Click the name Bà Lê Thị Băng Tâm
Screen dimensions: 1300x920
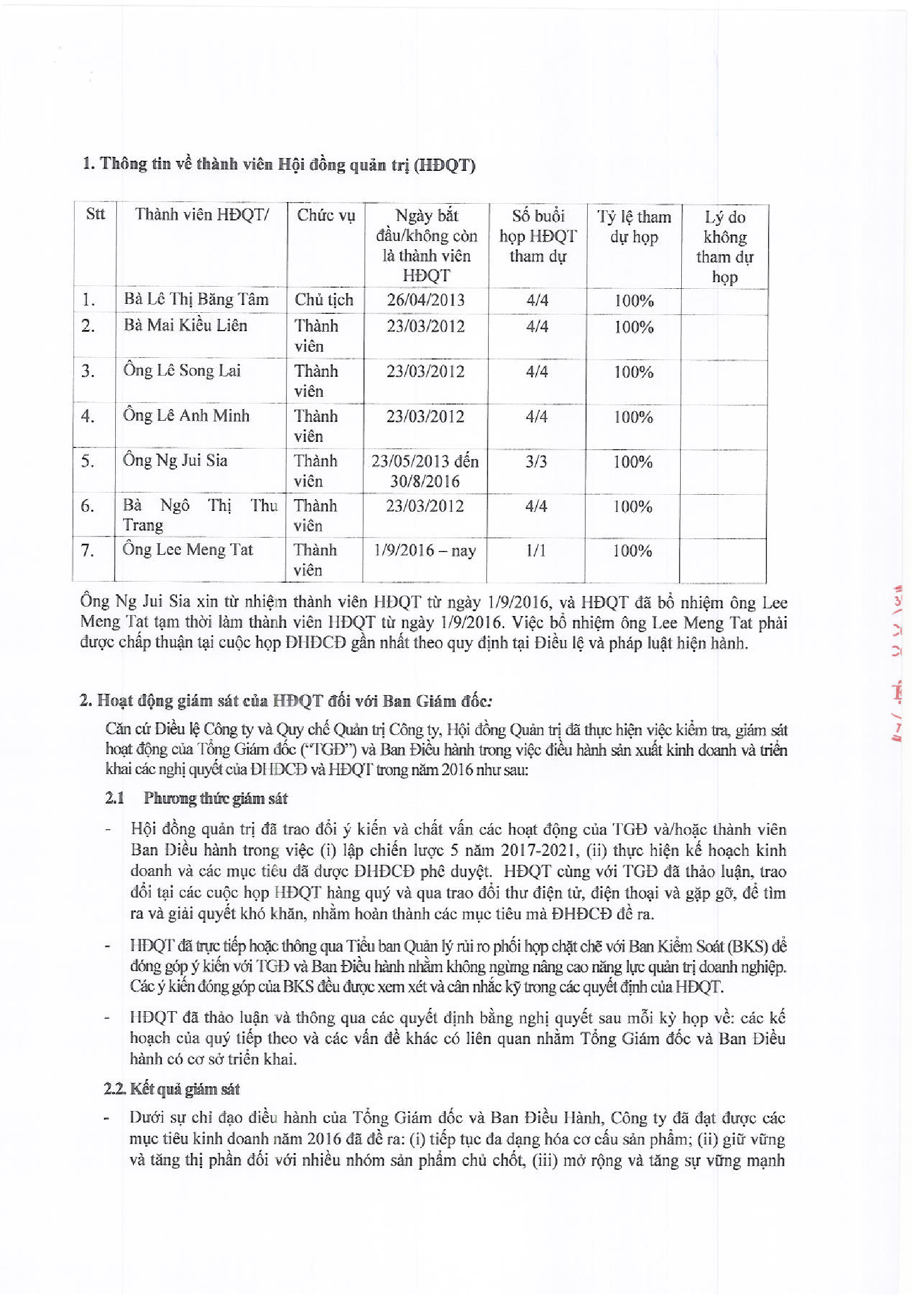pyautogui.click(x=196, y=299)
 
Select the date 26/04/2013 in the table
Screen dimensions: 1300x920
pyautogui.click(x=425, y=299)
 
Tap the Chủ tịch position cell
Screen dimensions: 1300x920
pyautogui.click(x=324, y=299)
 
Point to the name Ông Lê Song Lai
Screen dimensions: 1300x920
pyautogui.click(x=183, y=371)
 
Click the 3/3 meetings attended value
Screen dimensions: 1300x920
pyautogui.click(x=536, y=461)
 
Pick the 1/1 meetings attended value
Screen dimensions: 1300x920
pyautogui.click(x=535, y=550)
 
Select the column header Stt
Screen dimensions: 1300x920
pyautogui.click(x=95, y=214)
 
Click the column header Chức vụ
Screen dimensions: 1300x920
pyautogui.click(x=326, y=215)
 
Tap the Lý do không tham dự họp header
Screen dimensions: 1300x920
pyautogui.click(x=725, y=247)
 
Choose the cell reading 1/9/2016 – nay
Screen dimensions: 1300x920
pyautogui.click(x=425, y=550)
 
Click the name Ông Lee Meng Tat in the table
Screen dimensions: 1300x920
pyautogui.click(x=188, y=549)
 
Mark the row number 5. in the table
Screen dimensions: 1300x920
pyautogui.click(x=88, y=461)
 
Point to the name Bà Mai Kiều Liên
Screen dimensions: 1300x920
pyautogui.click(x=186, y=325)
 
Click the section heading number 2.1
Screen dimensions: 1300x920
pyautogui.click(x=115, y=798)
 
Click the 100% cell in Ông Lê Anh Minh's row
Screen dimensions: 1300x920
pyautogui.click(x=633, y=417)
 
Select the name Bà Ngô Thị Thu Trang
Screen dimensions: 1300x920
pyautogui.click(x=200, y=515)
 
